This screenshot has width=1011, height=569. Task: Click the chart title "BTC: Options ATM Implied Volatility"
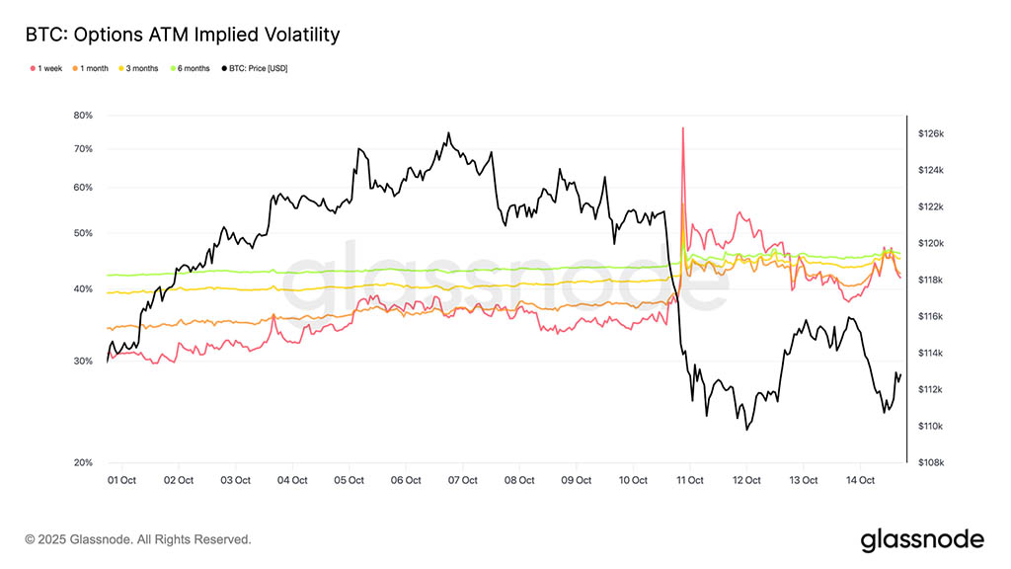[183, 35]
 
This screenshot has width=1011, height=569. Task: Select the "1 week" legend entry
[47, 68]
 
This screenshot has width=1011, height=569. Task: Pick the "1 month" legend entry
[93, 68]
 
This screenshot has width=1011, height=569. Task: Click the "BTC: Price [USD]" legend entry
[257, 68]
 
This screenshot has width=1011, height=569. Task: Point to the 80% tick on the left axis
[83, 116]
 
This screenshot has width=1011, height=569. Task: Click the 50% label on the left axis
[83, 233]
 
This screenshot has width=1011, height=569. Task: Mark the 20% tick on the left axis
[83, 462]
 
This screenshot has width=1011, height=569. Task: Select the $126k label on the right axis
[932, 133]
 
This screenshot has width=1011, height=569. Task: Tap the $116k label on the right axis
[932, 316]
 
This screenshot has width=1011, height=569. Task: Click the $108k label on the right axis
[932, 462]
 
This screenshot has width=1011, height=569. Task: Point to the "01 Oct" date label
[121, 480]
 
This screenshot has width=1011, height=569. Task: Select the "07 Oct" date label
[463, 480]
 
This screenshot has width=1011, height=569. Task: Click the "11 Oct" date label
[690, 480]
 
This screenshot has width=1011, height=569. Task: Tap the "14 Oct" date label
[861, 480]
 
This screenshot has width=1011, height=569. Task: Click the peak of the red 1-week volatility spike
[682, 127]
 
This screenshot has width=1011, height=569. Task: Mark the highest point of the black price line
[448, 133]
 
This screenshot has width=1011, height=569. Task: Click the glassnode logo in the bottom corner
[922, 539]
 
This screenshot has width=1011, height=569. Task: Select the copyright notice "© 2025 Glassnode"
[138, 539]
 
